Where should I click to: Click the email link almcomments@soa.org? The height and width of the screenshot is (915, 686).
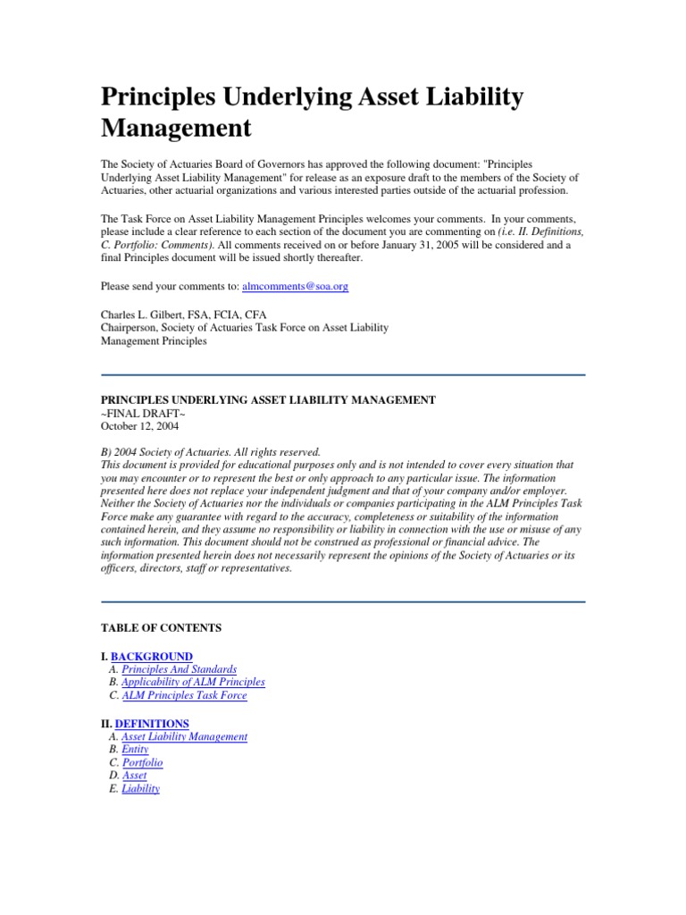click(x=301, y=288)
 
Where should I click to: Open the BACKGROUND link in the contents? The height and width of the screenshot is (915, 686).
click(x=151, y=656)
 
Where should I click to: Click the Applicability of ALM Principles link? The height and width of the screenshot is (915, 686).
click(x=193, y=682)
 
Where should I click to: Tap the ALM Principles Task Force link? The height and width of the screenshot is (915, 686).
click(x=184, y=695)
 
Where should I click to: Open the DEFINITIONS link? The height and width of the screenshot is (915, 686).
click(x=150, y=723)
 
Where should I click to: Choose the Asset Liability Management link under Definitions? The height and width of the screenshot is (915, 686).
click(x=184, y=736)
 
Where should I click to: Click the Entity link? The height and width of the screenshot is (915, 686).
click(x=135, y=750)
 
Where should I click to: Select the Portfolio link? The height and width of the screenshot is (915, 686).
click(x=142, y=763)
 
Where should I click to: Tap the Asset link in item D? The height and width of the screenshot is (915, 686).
click(x=134, y=776)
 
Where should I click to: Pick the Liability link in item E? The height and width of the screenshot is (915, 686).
click(x=140, y=789)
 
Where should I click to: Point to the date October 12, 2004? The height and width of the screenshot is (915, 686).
click(x=139, y=426)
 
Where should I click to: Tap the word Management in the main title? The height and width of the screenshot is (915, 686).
click(x=176, y=128)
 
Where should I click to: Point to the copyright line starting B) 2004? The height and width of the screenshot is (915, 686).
click(x=210, y=452)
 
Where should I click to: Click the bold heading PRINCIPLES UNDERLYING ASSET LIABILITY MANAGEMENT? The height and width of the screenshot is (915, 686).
click(x=268, y=400)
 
